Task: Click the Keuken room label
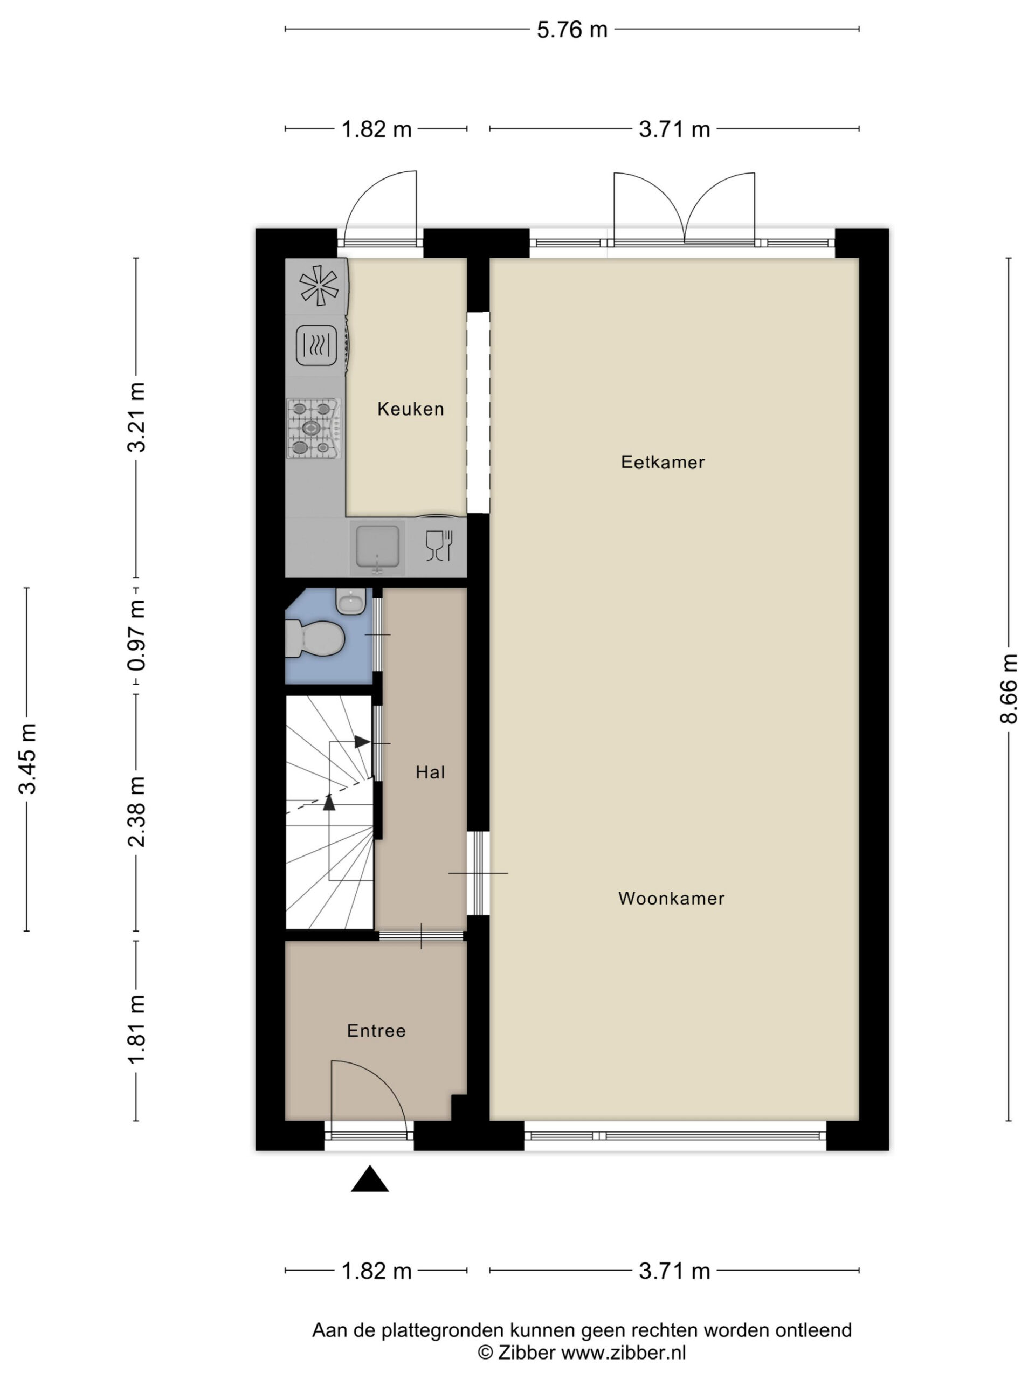tap(411, 409)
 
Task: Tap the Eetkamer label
tap(663, 463)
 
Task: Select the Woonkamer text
tap(671, 899)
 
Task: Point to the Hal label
tap(431, 772)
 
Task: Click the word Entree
tap(376, 1031)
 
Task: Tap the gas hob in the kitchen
tap(314, 428)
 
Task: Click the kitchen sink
tap(377, 547)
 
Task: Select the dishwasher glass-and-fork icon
tap(439, 546)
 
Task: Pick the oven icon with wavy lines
tap(316, 345)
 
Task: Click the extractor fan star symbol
tap(319, 286)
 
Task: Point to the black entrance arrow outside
tap(370, 1178)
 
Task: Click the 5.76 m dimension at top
tap(572, 29)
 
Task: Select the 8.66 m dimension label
tap(1009, 689)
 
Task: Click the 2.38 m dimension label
tap(136, 812)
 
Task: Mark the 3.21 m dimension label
tap(136, 417)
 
